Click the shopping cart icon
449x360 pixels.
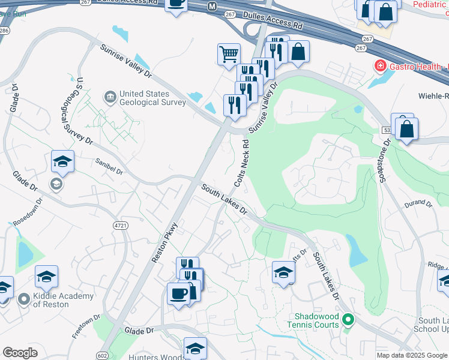tap(229, 54)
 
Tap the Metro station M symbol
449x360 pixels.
tap(211, 6)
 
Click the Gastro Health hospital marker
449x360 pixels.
tap(379, 65)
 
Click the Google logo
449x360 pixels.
tap(20, 353)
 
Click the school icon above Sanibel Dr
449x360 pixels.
tap(62, 161)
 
